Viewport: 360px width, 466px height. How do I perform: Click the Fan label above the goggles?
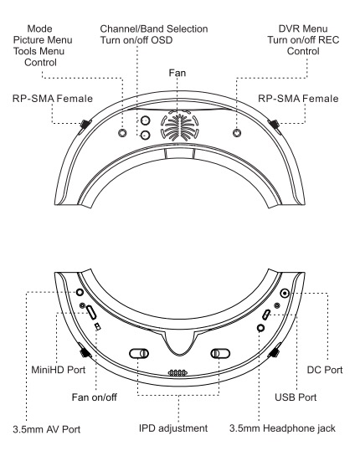click(x=177, y=73)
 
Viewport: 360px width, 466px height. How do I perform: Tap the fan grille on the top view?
click(x=179, y=125)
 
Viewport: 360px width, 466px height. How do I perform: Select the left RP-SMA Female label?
click(x=53, y=99)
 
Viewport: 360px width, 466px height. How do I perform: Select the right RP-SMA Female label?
click(x=298, y=99)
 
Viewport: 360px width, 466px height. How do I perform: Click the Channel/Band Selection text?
click(x=154, y=28)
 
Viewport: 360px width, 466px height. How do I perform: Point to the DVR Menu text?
click(x=303, y=28)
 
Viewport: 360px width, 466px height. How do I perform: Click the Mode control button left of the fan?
click(x=122, y=133)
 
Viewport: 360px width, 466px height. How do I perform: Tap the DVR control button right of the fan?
click(x=237, y=132)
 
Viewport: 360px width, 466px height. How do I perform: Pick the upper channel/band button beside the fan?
click(x=145, y=120)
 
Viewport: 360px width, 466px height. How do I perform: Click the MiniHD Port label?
click(x=59, y=370)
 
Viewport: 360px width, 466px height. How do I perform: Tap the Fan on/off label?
click(x=95, y=397)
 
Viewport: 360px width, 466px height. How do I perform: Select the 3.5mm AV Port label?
click(x=47, y=429)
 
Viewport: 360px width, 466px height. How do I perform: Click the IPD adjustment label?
click(x=173, y=428)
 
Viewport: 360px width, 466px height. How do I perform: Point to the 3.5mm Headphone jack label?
click(x=282, y=428)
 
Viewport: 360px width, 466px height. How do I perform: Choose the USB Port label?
click(x=296, y=397)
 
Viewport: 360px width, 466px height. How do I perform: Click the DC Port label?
click(x=325, y=370)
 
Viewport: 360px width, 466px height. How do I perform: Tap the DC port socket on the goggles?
click(x=285, y=294)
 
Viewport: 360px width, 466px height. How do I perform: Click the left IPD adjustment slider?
click(x=139, y=353)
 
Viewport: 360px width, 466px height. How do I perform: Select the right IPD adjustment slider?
click(x=220, y=353)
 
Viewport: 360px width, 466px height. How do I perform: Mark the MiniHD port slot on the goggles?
click(x=91, y=312)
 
